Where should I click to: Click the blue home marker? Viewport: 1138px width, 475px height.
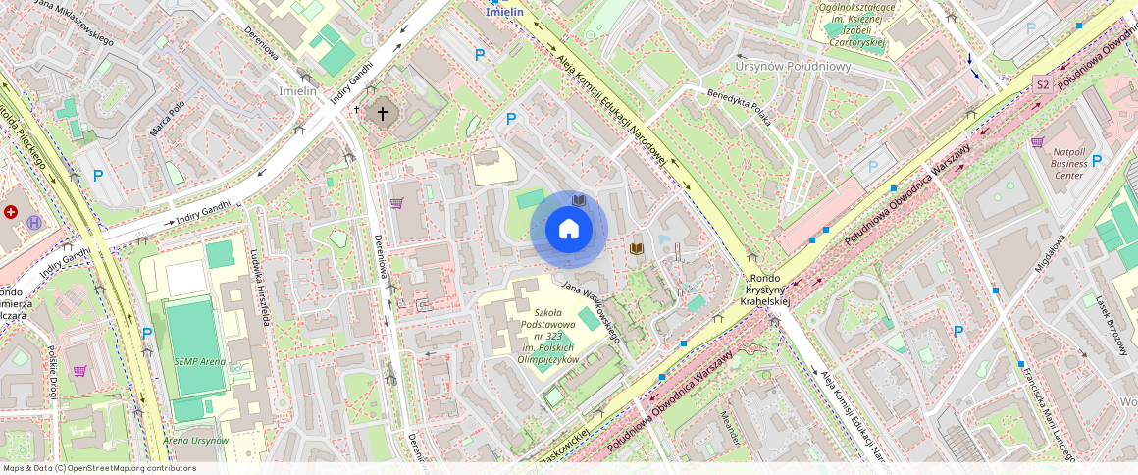pyautogui.click(x=569, y=230)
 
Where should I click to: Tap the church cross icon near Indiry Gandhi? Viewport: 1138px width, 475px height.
pyautogui.click(x=383, y=113)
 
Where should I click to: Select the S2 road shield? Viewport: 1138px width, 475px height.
pyautogui.click(x=1043, y=86)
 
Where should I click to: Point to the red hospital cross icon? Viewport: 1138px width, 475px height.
pyautogui.click(x=12, y=212)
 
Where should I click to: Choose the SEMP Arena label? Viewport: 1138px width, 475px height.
pyautogui.click(x=199, y=361)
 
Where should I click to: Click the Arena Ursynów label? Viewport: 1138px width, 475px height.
pyautogui.click(x=195, y=440)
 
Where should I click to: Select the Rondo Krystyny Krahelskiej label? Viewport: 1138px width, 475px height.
pyautogui.click(x=766, y=290)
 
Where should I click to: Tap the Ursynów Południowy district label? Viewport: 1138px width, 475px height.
pyautogui.click(x=793, y=67)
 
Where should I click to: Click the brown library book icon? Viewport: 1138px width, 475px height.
pyautogui.click(x=637, y=249)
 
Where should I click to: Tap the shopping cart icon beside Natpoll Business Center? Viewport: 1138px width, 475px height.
pyautogui.click(x=1036, y=143)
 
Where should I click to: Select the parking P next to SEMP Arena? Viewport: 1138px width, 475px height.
pyautogui.click(x=146, y=333)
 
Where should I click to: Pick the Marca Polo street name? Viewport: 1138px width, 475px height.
pyautogui.click(x=168, y=119)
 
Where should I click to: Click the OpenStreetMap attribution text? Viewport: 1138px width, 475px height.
pyautogui.click(x=98, y=468)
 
